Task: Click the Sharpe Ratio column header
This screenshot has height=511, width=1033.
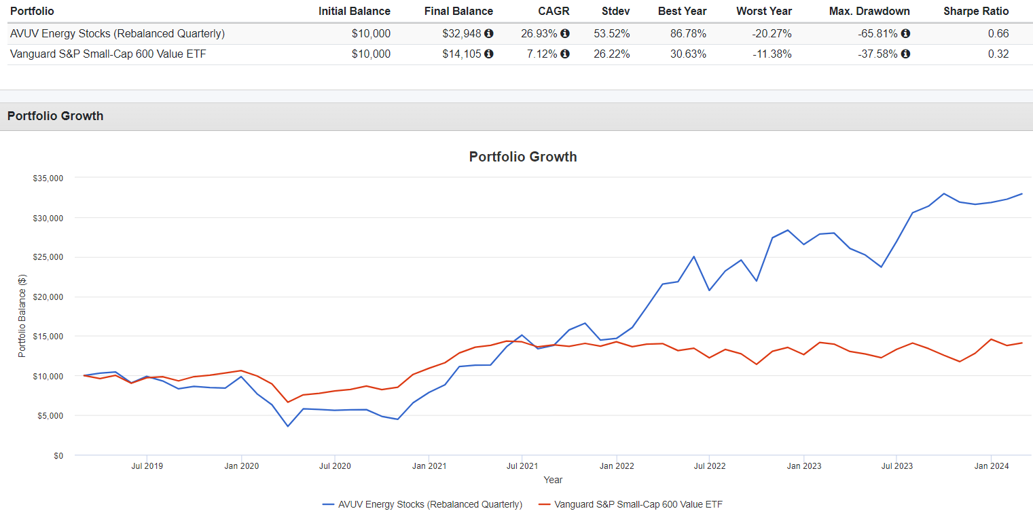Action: coord(975,11)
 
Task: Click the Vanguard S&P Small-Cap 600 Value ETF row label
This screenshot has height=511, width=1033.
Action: coord(108,54)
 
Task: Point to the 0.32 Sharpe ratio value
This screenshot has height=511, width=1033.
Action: coord(998,54)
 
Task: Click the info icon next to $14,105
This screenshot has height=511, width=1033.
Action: coord(489,54)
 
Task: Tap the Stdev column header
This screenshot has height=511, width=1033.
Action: coord(615,11)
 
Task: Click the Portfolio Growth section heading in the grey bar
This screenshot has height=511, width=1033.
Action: coord(56,116)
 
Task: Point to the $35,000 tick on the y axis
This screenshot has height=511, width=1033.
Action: coord(48,178)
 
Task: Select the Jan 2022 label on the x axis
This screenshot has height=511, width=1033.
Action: coord(616,466)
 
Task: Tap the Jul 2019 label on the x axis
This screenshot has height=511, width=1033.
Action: coord(147,466)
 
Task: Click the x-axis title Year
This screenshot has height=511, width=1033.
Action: coord(553,480)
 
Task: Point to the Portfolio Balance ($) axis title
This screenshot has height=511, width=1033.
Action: coord(22,316)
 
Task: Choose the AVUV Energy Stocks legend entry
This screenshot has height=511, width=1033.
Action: coord(422,504)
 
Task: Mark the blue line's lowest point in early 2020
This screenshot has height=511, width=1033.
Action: coord(287,426)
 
